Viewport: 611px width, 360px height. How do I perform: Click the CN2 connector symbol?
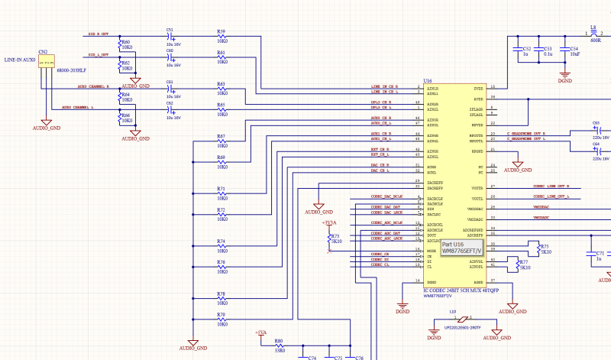click(47, 64)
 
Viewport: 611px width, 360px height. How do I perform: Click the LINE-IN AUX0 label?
click(20, 59)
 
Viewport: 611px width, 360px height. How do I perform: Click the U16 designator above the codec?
click(428, 79)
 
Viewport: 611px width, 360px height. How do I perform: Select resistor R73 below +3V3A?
click(329, 238)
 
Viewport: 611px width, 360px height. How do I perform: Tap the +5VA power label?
click(260, 333)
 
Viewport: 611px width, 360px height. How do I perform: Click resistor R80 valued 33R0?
click(279, 345)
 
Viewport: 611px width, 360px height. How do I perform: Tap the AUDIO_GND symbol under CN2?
click(46, 122)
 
